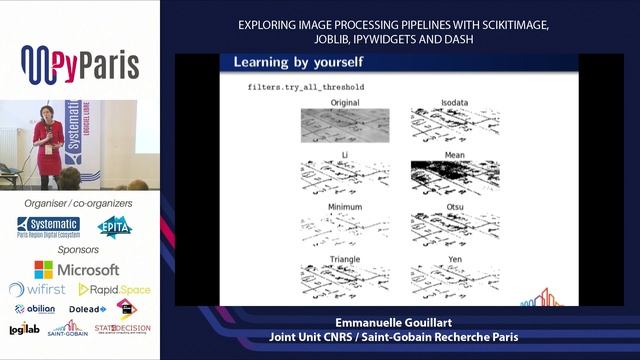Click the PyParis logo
click(79, 65)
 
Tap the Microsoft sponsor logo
click(77, 270)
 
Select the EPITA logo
click(114, 227)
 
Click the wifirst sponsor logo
click(37, 289)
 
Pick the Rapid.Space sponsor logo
click(115, 289)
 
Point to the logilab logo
click(24, 329)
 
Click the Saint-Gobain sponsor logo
click(68, 329)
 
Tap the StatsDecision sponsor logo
click(121, 328)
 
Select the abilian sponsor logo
click(35, 309)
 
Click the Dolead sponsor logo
click(87, 309)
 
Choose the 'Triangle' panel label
click(331, 258)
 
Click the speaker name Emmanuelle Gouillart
click(398, 324)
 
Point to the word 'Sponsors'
click(78, 249)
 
